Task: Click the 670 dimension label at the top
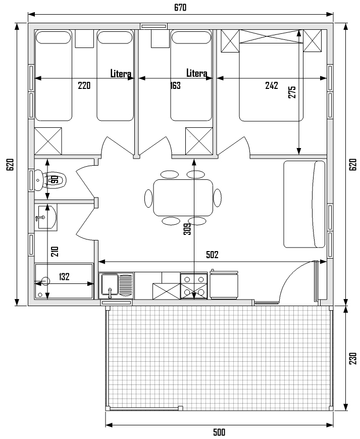[x=180, y=8]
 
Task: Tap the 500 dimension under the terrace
[x=219, y=432]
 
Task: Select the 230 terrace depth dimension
[x=353, y=358]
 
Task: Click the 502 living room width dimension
[x=212, y=255]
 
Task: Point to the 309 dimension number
[x=187, y=229]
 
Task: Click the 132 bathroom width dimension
[x=64, y=277]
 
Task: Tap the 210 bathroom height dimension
[x=55, y=252]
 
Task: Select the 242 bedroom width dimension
[x=271, y=85]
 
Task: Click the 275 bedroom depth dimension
[x=292, y=92]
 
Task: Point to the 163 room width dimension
[x=175, y=85]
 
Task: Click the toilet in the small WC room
[x=50, y=179]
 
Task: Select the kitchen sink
[x=117, y=285]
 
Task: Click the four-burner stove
[x=193, y=286]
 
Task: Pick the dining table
[x=183, y=198]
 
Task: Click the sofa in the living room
[x=304, y=204]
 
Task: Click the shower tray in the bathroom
[x=64, y=281]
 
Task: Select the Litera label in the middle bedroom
[x=197, y=73]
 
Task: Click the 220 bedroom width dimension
[x=84, y=85]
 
